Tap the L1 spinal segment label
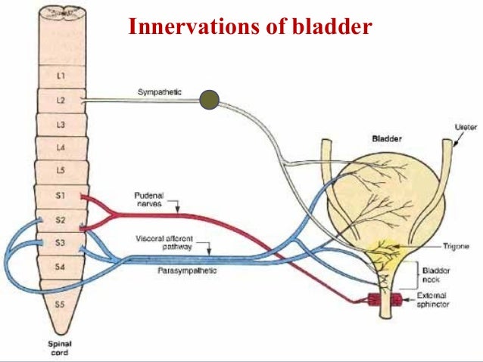coord(61,76)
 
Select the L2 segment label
coord(61,100)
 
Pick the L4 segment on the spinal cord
coord(61,147)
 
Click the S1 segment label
coord(61,196)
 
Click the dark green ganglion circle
coord(209,98)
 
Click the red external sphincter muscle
coord(384,302)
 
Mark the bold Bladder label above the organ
coord(387,139)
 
